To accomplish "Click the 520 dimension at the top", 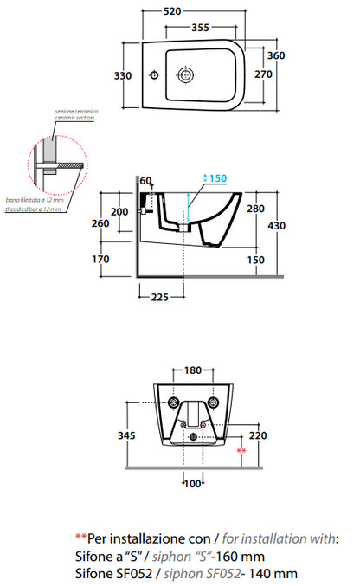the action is point(172,11).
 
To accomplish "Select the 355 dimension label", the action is point(201,28).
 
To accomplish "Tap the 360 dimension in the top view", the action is point(276,55).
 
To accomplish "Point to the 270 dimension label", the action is point(264,74).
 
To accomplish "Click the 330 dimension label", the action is point(123,75).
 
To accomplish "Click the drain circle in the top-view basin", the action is point(185,74).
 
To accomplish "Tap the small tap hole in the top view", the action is point(154,74).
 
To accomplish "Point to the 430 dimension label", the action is point(276,225).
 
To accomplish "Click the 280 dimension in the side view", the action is point(255,209).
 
